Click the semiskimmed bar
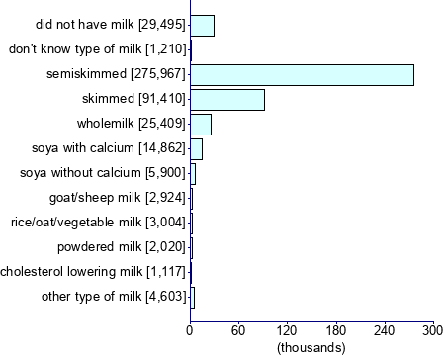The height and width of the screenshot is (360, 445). coord(302,75)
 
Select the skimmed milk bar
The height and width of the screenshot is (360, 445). coord(227,100)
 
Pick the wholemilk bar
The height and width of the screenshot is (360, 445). coord(201,124)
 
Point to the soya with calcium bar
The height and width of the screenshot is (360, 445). coord(196,148)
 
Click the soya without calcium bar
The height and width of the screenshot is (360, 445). coord(193,173)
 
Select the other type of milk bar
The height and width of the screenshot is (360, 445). coord(192,297)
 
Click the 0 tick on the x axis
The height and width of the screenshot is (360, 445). coord(190,330)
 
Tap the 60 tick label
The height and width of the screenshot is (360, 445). coord(238,330)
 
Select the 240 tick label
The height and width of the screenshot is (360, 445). coord(385,330)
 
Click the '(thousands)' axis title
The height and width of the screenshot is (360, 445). coord(311,348)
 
